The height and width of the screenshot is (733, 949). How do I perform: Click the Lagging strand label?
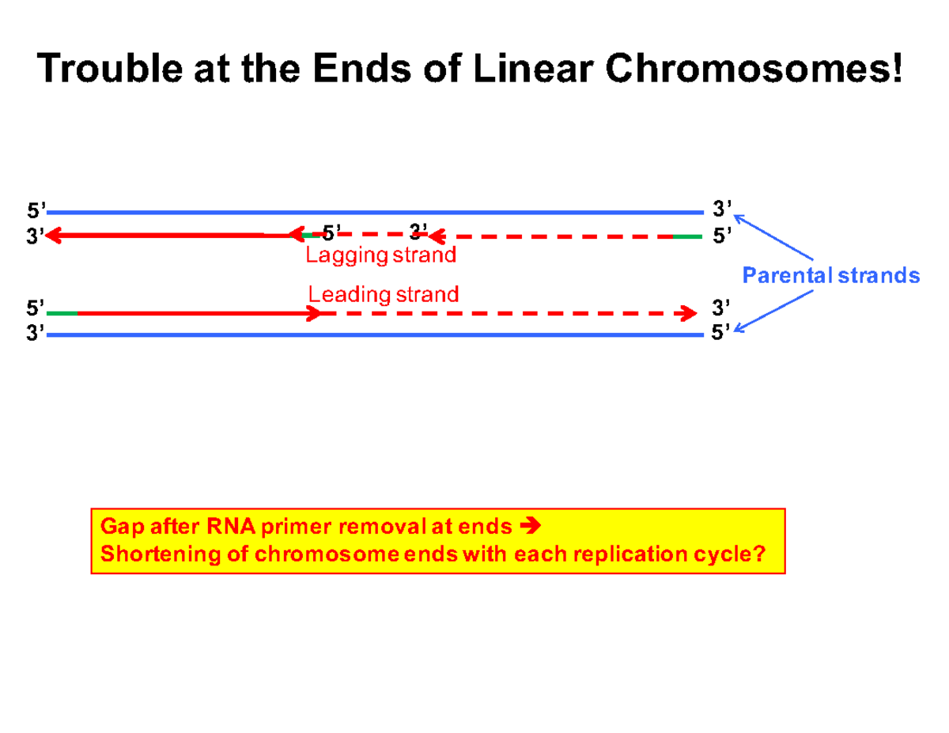(x=381, y=255)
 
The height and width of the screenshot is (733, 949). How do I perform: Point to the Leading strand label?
(x=384, y=295)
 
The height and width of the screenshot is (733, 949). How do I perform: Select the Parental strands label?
(x=831, y=275)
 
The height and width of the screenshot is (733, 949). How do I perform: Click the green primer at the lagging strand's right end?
(x=686, y=236)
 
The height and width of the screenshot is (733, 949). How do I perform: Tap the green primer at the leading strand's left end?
(x=62, y=314)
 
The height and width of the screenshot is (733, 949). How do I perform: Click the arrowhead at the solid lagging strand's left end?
(x=54, y=235)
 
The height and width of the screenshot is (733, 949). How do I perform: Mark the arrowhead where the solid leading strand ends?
(x=314, y=314)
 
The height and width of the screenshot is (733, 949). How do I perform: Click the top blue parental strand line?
(x=372, y=213)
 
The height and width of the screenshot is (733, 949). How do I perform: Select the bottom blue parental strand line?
(x=372, y=334)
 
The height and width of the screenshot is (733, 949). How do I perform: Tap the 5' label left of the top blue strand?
(x=36, y=211)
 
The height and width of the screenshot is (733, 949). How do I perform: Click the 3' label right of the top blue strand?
(x=721, y=210)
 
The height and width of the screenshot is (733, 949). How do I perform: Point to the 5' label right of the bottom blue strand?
(x=720, y=333)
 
